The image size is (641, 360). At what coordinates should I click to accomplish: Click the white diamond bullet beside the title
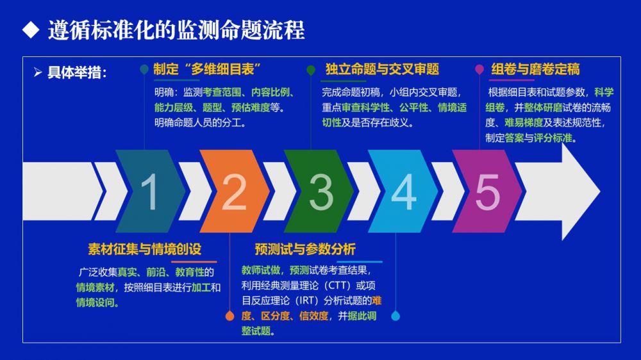coord(31,30)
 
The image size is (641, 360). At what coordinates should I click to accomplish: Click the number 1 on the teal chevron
coord(149,192)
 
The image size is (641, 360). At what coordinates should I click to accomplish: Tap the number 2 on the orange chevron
coord(234,192)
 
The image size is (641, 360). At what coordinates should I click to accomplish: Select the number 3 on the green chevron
coord(321,192)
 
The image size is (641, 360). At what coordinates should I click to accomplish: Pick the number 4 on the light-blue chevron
coord(404,192)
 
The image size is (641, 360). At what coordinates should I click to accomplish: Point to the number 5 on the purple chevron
coord(488,192)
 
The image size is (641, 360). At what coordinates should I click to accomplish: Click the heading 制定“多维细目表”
coord(207,69)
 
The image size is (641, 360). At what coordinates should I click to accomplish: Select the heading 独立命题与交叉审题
coord(382,69)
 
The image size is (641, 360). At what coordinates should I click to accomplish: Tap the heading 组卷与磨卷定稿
coord(535,69)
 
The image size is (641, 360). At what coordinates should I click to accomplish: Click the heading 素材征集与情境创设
coord(145,249)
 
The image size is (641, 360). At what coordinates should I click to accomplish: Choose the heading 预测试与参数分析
coord(305,249)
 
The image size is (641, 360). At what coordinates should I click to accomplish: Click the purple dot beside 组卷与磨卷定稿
coord(479,69)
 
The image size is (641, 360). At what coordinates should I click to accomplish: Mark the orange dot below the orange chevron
coord(229,316)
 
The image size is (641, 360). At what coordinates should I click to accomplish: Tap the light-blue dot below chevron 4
coord(395,316)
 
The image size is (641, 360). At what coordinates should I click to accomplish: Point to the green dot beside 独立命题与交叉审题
coord(311,70)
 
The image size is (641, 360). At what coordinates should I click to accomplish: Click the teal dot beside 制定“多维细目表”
coord(144,69)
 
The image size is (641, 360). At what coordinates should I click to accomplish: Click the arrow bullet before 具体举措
coord(38,72)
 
